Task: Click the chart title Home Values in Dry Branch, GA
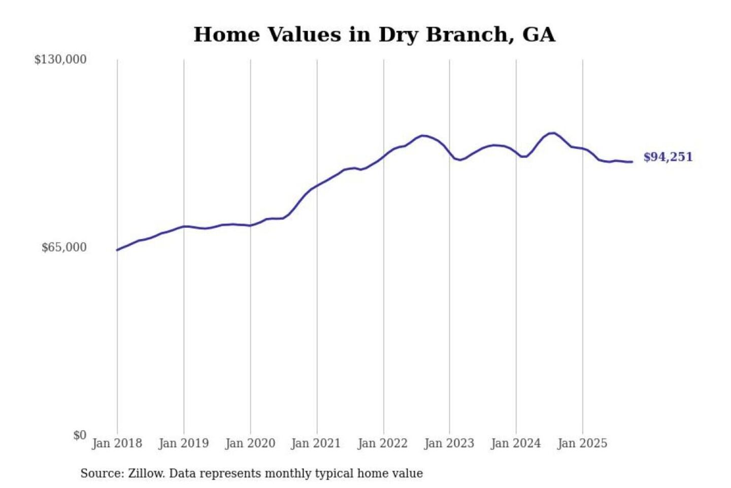click(374, 35)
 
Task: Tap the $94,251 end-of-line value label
click(668, 157)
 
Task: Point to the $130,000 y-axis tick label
click(60, 59)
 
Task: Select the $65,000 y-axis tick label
click(64, 248)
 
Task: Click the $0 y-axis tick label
click(80, 435)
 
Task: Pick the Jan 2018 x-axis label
click(117, 443)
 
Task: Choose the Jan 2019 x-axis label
click(183, 443)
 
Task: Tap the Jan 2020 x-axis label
click(250, 443)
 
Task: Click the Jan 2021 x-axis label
click(316, 443)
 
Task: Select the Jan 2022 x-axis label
click(382, 443)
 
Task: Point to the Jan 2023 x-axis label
click(449, 443)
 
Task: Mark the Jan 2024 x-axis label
click(515, 443)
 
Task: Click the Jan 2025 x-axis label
click(582, 443)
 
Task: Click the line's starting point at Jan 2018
click(117, 250)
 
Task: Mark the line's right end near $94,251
click(632, 162)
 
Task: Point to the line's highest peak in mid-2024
click(552, 133)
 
